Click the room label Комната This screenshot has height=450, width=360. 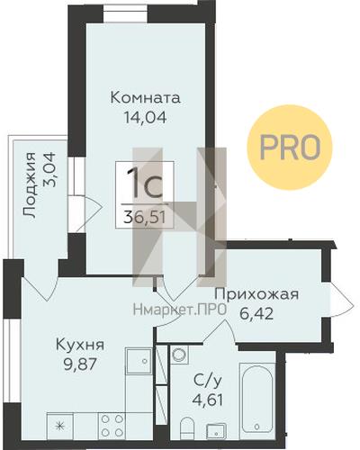[x=146, y=98]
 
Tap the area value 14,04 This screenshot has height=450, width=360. [x=146, y=117]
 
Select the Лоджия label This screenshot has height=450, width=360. [x=30, y=184]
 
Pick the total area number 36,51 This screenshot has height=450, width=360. [x=145, y=217]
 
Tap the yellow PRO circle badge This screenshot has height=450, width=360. [x=290, y=147]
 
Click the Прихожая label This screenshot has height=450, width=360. [x=256, y=294]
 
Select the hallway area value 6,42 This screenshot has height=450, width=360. [x=256, y=314]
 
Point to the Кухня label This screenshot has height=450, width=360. [x=80, y=345]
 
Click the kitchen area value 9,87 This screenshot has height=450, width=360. [x=79, y=364]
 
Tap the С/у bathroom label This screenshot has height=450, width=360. [x=208, y=382]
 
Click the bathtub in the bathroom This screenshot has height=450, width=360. [x=257, y=398]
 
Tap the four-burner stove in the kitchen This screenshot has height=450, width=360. [x=112, y=425]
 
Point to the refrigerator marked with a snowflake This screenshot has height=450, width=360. [x=60, y=426]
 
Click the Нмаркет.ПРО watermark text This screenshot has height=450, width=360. [x=179, y=310]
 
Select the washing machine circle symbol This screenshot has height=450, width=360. [x=179, y=355]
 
